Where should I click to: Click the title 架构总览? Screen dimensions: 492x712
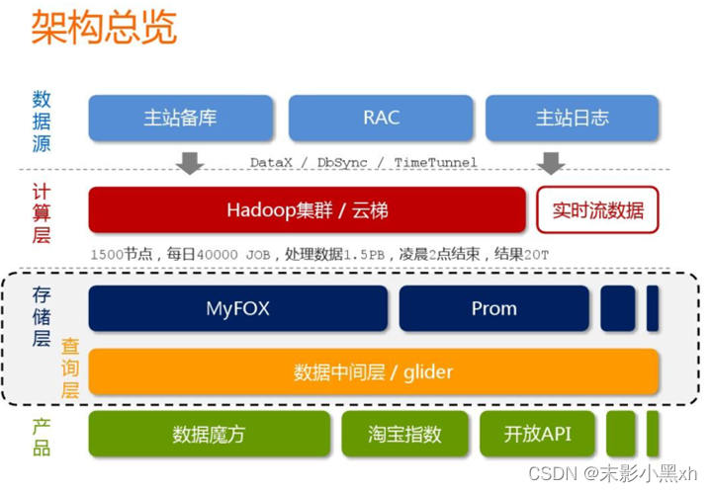(104, 28)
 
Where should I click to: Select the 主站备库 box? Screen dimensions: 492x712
(180, 118)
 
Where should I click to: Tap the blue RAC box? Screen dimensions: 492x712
(381, 118)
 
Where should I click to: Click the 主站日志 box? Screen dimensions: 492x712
(572, 118)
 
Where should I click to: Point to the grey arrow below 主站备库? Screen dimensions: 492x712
(189, 162)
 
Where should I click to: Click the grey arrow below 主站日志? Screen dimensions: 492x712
(551, 162)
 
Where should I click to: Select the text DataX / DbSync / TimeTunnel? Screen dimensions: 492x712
(363, 162)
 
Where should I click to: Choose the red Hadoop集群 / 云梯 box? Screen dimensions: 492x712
(307, 209)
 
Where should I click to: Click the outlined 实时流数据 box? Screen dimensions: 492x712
(597, 209)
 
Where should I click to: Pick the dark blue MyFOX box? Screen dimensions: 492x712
(237, 308)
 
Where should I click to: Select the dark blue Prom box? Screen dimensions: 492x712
(493, 308)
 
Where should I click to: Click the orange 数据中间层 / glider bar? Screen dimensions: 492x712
(374, 371)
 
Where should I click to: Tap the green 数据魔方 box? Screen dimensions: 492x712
(210, 434)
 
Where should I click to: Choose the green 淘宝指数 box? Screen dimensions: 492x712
(404, 434)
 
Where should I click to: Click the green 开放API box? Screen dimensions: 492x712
(537, 434)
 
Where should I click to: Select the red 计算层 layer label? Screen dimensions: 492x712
(42, 212)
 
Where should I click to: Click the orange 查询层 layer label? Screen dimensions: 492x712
(70, 368)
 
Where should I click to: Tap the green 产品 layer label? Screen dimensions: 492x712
(42, 436)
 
